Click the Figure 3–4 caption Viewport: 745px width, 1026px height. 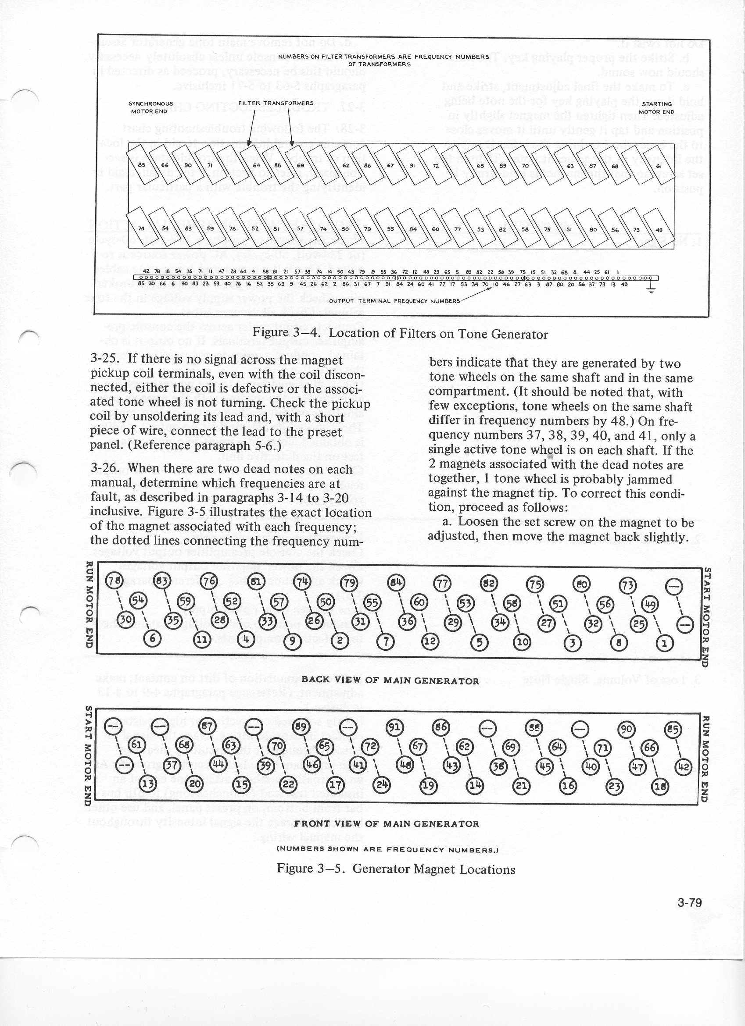point(400,334)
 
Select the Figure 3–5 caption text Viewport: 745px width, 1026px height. point(396,869)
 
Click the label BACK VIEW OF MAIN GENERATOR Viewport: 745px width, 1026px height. point(390,680)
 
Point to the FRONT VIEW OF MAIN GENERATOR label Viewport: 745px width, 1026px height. point(386,823)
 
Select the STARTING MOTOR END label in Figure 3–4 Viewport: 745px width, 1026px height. point(656,108)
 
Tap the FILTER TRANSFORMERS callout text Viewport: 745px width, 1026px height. point(276,103)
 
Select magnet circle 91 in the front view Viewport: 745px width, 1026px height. point(395,727)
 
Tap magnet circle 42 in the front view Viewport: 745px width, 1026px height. point(684,767)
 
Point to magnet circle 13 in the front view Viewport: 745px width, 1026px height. point(148,783)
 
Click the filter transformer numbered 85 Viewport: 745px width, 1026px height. point(142,165)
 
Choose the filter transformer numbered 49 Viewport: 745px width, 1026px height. point(659,230)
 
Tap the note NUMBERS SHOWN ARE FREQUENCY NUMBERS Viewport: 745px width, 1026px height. point(387,849)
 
